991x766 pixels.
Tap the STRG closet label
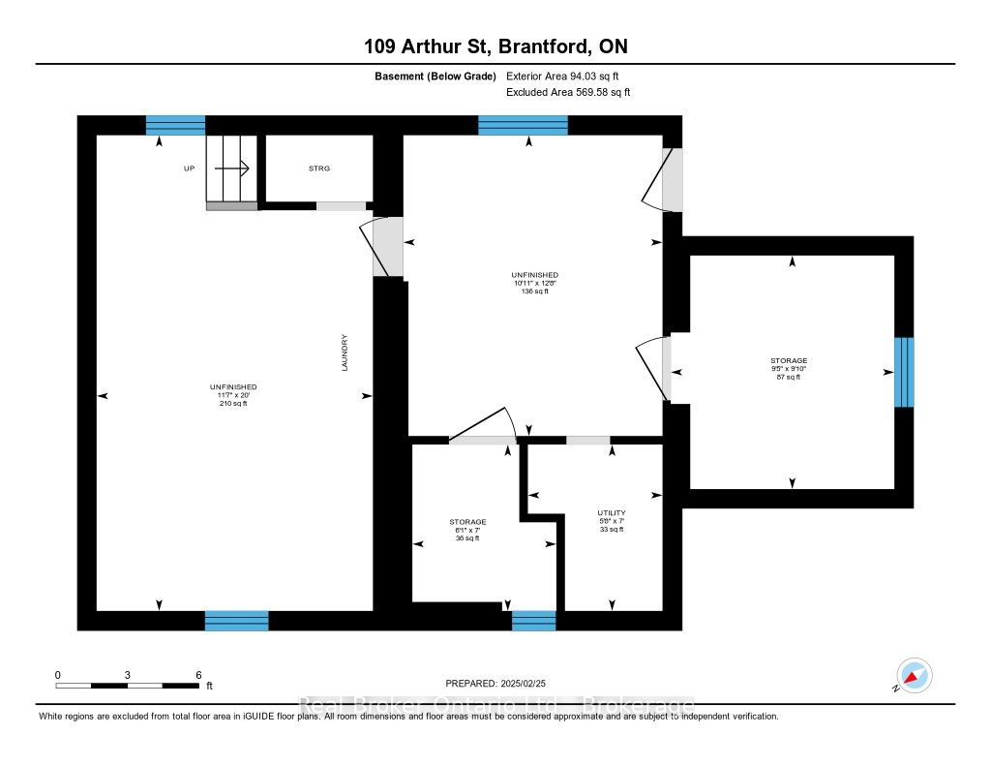318,169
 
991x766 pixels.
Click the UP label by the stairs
189,169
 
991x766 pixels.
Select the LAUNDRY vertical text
344,353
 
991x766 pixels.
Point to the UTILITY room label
611,512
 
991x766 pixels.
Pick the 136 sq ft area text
534,291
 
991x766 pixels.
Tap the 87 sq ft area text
790,377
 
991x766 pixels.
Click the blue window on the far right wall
904,372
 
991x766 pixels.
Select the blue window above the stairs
175,125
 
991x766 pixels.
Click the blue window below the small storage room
533,620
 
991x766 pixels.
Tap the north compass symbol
914,675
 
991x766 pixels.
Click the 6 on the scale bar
198,674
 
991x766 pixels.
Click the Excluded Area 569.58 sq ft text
568,93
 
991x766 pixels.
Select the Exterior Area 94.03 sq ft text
568,76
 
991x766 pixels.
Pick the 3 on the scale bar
128,674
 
